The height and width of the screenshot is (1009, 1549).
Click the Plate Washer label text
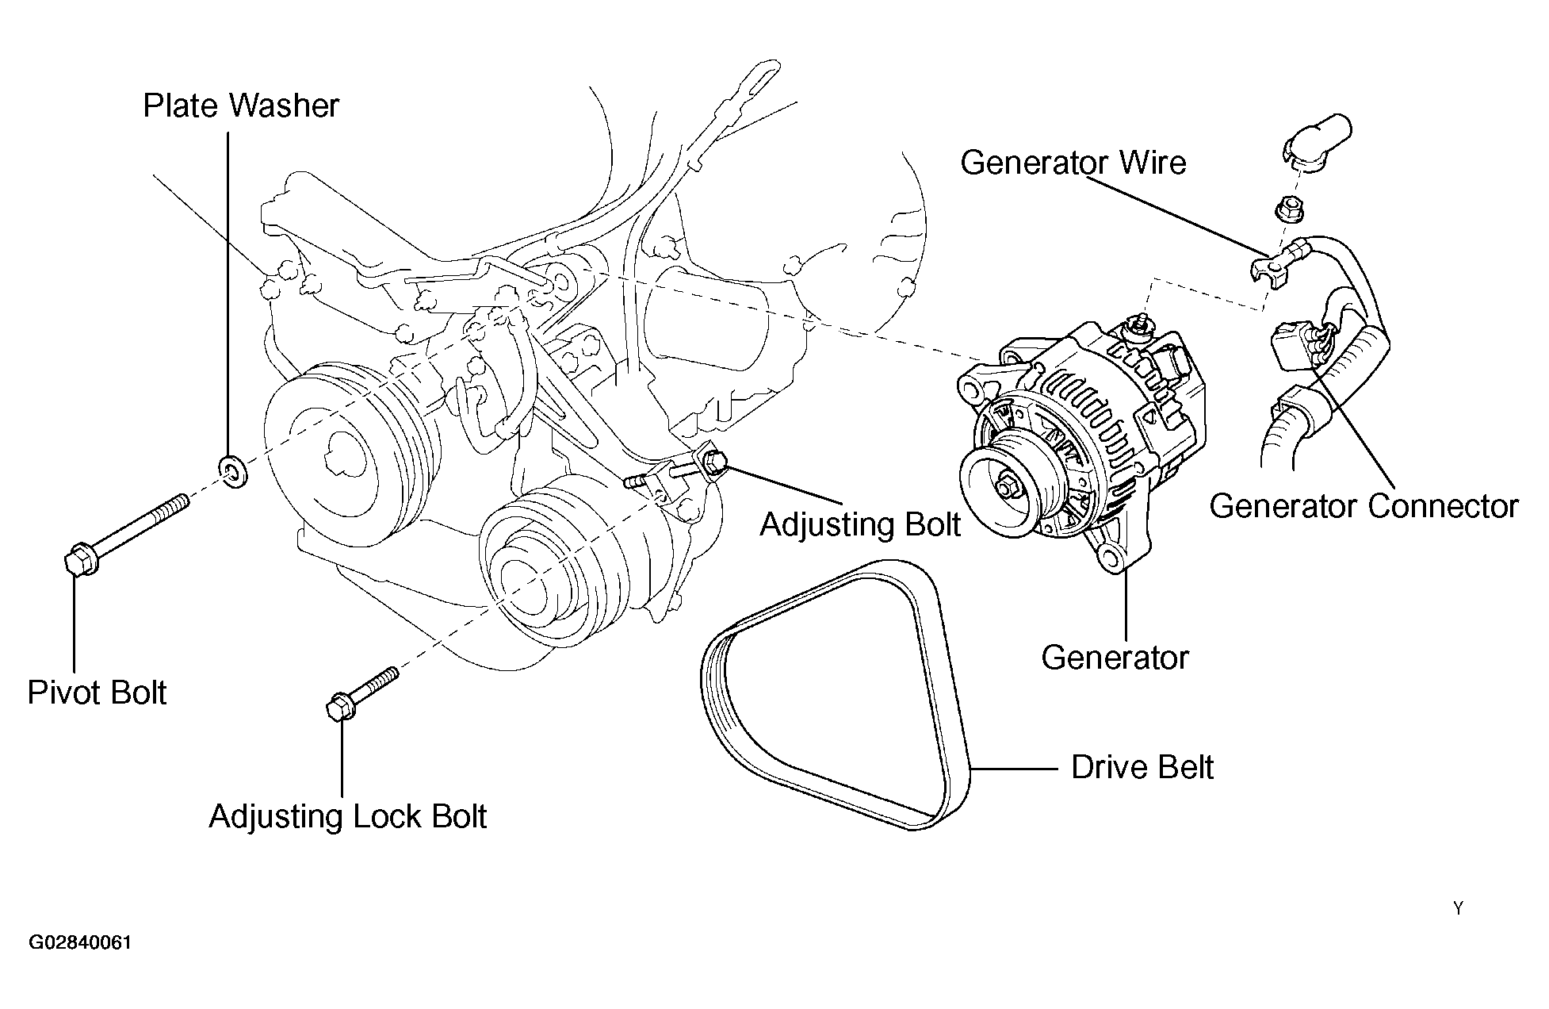[241, 106]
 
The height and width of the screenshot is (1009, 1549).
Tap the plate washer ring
[232, 473]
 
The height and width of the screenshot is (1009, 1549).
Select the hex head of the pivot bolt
[80, 559]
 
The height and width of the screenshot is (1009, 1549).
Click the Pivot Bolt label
[97, 692]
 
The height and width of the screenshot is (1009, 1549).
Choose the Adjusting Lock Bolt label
[347, 816]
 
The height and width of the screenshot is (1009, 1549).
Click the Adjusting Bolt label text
[860, 524]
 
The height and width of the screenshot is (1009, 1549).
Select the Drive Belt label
[1142, 767]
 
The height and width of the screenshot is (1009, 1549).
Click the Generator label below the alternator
[1115, 658]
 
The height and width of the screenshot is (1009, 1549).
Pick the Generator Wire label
[1073, 163]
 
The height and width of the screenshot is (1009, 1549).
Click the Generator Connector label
[1364, 506]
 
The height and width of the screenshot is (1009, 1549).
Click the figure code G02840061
[80, 943]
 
